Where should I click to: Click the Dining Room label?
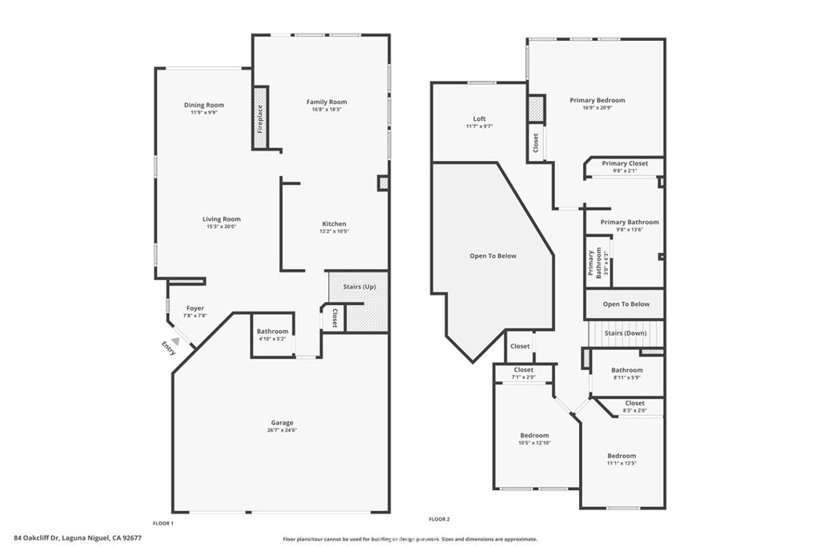click(203, 105)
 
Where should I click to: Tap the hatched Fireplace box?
click(260, 118)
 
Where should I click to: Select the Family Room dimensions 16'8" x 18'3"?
click(327, 110)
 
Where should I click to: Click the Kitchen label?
click(334, 223)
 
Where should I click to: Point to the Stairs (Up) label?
click(359, 287)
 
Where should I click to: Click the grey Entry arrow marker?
click(175, 341)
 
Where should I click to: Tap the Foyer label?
click(195, 308)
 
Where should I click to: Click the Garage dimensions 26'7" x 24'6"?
click(281, 430)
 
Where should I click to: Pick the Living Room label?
click(221, 219)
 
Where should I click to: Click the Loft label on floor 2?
click(479, 119)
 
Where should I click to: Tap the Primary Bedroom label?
click(597, 100)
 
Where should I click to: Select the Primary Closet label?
click(625, 163)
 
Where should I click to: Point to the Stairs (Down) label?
click(625, 333)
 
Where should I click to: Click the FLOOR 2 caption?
click(440, 519)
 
